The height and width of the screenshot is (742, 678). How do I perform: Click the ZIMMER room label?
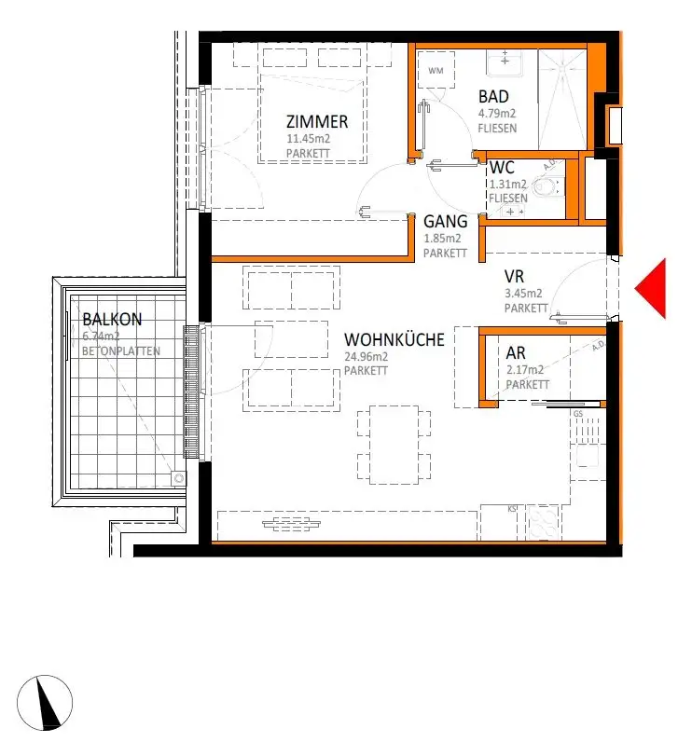tap(317, 122)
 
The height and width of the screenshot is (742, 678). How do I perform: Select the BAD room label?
tap(493, 97)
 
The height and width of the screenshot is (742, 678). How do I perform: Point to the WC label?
tap(503, 168)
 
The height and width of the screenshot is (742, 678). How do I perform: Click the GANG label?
tap(444, 222)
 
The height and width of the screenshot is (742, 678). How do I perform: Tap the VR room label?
tap(515, 277)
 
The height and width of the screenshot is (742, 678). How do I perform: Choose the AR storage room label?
tap(517, 354)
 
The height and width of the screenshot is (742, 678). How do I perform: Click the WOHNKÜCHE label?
tap(394, 340)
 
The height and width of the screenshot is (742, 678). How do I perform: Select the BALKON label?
tap(112, 319)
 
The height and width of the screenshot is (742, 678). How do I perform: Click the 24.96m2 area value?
tap(366, 357)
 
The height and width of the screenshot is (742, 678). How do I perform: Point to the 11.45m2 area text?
tap(308, 139)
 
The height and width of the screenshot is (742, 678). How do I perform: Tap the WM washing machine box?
tap(436, 71)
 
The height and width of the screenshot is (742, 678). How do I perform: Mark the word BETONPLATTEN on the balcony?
tap(120, 351)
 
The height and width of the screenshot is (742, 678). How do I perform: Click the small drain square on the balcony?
tap(177, 479)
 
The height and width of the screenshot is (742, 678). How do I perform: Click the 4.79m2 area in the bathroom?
tap(497, 114)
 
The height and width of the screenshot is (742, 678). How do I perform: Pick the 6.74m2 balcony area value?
tap(102, 337)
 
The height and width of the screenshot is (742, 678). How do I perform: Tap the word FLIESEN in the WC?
tap(508, 199)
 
